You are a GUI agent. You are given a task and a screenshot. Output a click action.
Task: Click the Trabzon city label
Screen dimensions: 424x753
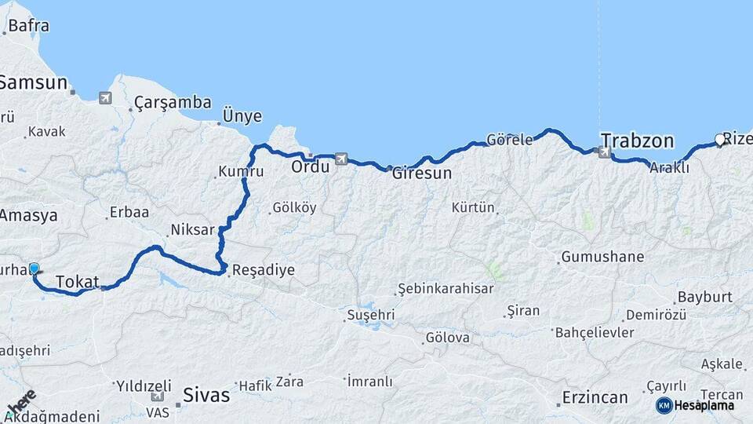click(x=637, y=141)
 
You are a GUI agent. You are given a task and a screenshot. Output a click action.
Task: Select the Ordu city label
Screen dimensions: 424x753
click(x=310, y=167)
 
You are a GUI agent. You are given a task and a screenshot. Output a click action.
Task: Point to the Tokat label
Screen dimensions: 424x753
click(x=78, y=282)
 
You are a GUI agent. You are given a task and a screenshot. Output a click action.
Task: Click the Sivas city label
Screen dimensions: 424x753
click(x=206, y=394)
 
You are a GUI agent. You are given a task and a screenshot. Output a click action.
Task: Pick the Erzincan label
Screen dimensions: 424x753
click(x=595, y=397)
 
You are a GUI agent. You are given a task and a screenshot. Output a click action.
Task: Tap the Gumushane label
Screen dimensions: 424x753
click(x=602, y=257)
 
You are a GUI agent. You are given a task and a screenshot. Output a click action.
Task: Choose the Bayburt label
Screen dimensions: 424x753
click(x=704, y=298)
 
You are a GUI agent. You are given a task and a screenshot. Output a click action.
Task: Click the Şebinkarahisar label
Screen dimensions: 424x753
click(x=446, y=288)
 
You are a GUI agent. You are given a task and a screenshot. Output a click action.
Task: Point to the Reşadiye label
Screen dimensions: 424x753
click(x=264, y=270)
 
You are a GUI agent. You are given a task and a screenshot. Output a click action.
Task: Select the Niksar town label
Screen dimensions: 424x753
click(x=192, y=230)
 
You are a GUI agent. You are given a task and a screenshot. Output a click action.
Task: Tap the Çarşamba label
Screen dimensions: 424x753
click(x=173, y=102)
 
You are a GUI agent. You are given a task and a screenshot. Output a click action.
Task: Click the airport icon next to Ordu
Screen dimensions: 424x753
click(x=340, y=159)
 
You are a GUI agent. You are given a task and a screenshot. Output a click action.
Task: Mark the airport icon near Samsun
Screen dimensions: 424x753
click(x=105, y=98)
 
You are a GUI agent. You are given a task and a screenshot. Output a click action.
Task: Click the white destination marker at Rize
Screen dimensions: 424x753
click(x=720, y=141)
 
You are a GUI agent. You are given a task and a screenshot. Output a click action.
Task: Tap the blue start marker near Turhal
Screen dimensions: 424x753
click(x=34, y=269)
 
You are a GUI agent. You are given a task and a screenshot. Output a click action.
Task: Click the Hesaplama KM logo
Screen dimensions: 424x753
click(x=696, y=405)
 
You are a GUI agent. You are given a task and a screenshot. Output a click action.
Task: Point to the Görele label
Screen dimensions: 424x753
click(x=510, y=140)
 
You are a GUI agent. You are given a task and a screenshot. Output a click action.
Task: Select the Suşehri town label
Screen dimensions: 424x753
click(x=370, y=316)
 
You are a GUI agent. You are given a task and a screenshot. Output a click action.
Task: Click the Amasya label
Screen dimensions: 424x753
click(x=28, y=215)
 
